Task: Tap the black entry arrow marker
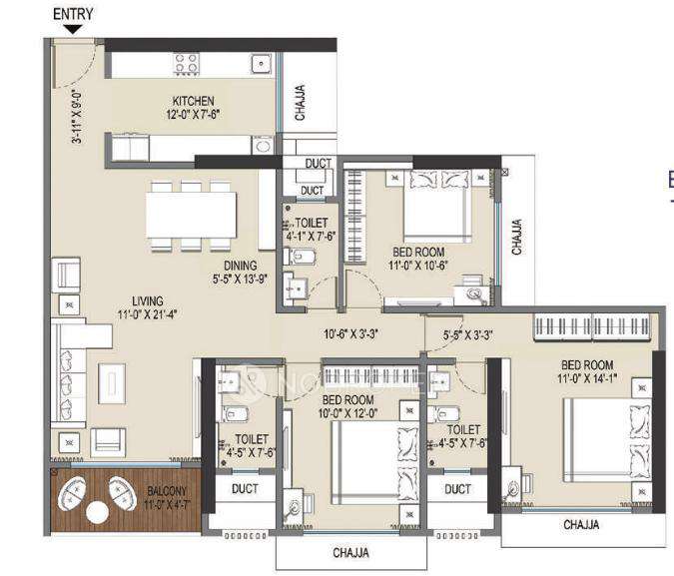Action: click(72, 30)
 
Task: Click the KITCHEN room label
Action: click(194, 101)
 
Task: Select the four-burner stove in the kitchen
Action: click(187, 64)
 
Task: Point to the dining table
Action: click(191, 214)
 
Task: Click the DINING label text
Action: click(240, 266)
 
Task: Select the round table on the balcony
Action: click(97, 512)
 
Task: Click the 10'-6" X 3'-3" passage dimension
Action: click(350, 334)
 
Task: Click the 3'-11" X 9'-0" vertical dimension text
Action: click(76, 119)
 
